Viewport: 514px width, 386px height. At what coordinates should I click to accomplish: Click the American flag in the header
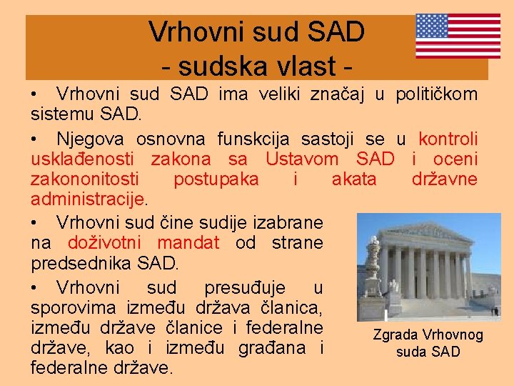[x=458, y=35]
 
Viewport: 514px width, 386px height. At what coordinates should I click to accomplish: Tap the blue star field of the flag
[x=433, y=26]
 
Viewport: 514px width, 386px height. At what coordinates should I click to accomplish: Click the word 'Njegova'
[x=90, y=139]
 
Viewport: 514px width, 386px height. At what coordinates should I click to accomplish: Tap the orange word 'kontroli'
[x=448, y=139]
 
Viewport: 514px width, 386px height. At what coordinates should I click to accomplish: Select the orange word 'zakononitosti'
[x=85, y=179]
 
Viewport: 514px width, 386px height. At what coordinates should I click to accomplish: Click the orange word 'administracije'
[x=87, y=199]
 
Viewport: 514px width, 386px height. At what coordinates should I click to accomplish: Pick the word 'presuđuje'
[x=245, y=288]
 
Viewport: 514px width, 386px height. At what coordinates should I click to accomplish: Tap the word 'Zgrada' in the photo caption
[x=396, y=335]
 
